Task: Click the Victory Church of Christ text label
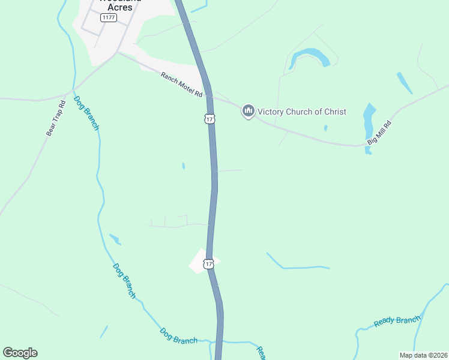[x=302, y=112]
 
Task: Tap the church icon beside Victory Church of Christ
[x=249, y=111]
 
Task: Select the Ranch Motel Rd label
[x=181, y=85]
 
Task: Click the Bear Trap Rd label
[x=55, y=118]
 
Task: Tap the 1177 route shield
[x=109, y=17]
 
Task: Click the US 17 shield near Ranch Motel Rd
[x=209, y=119]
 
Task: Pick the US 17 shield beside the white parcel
[x=208, y=264]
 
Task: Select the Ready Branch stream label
[x=396, y=322]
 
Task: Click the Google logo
[x=20, y=352]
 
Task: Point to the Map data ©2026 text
[x=423, y=355]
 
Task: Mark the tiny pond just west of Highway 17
[x=183, y=166]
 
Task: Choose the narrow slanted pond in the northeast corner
[x=404, y=83]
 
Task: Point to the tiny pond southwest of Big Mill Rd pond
[x=325, y=128]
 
